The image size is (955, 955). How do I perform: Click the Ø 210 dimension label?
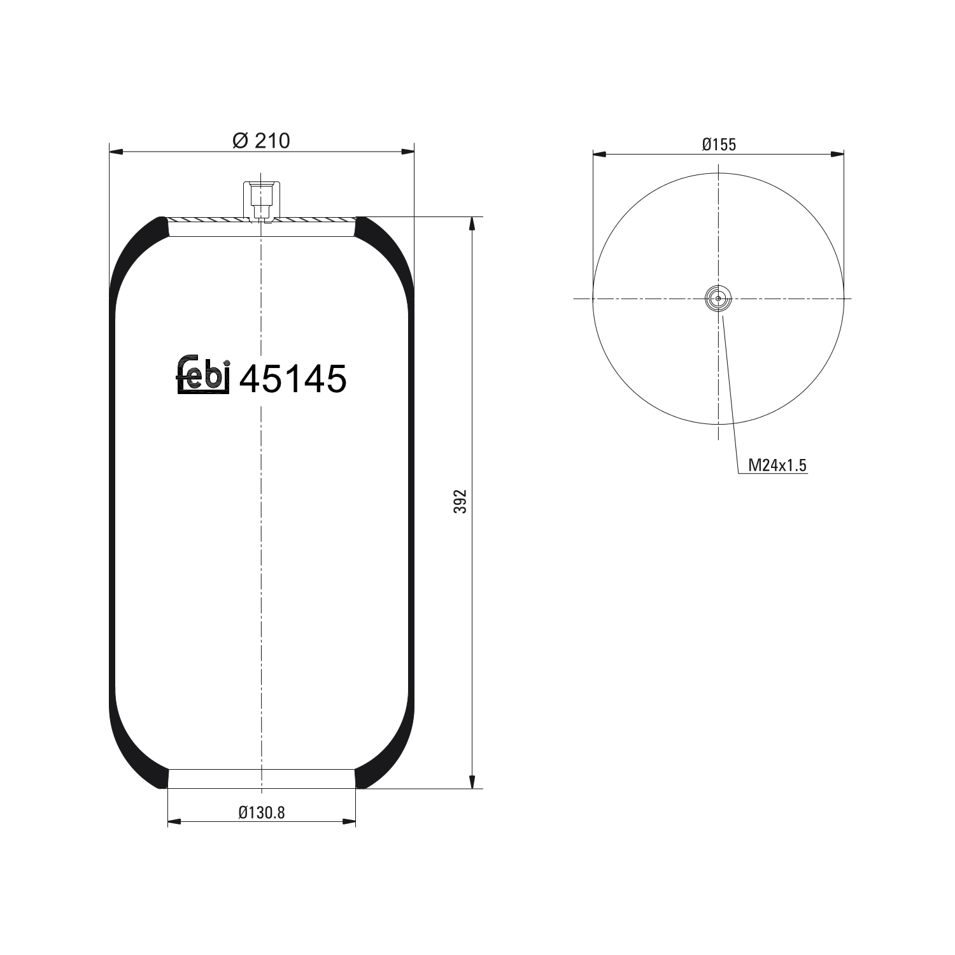click(x=261, y=141)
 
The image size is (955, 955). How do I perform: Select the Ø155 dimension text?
click(x=719, y=145)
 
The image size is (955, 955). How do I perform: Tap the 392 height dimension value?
click(x=462, y=502)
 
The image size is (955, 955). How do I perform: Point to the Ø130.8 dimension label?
click(x=262, y=812)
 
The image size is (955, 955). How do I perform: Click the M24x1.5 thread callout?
click(x=777, y=465)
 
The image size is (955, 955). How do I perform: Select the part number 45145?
click(x=293, y=379)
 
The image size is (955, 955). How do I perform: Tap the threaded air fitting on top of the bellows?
click(x=261, y=199)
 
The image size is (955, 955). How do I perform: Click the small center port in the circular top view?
click(x=718, y=298)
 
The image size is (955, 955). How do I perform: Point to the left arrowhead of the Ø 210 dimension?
click(x=115, y=152)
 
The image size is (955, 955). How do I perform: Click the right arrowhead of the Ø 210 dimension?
click(x=407, y=152)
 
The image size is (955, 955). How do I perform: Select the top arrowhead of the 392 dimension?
click(x=472, y=223)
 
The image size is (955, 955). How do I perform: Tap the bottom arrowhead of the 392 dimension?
click(x=472, y=782)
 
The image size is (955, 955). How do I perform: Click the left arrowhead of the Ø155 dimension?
click(x=599, y=154)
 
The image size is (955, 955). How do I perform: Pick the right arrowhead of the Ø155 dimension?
click(x=838, y=154)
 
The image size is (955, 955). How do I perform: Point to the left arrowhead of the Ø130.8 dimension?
click(x=174, y=822)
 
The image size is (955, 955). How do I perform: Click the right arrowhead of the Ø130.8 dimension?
click(x=350, y=822)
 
